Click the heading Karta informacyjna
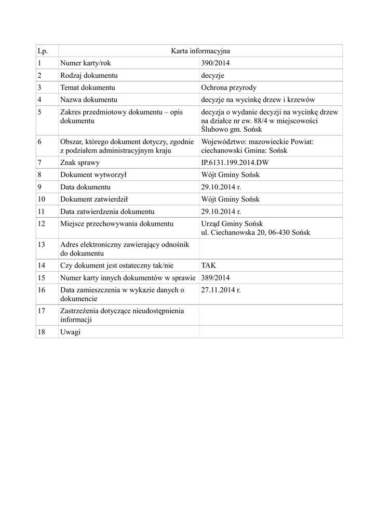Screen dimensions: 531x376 coord(200,51)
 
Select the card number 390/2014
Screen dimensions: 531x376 coord(215,63)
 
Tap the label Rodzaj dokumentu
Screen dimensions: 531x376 coord(89,76)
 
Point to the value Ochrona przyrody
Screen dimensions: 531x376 coord(229,88)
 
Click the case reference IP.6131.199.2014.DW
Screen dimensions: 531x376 coord(235,163)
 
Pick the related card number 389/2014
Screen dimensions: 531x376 coord(215,277)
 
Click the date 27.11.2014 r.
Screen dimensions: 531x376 coord(221,290)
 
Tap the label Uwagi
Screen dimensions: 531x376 coord(70,332)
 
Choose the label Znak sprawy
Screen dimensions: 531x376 coord(80,163)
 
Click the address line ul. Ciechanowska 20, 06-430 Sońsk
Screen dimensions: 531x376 coord(255,232)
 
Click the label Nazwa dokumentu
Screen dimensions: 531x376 coord(88,100)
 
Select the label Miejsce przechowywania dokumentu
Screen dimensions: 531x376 coord(116,223)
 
